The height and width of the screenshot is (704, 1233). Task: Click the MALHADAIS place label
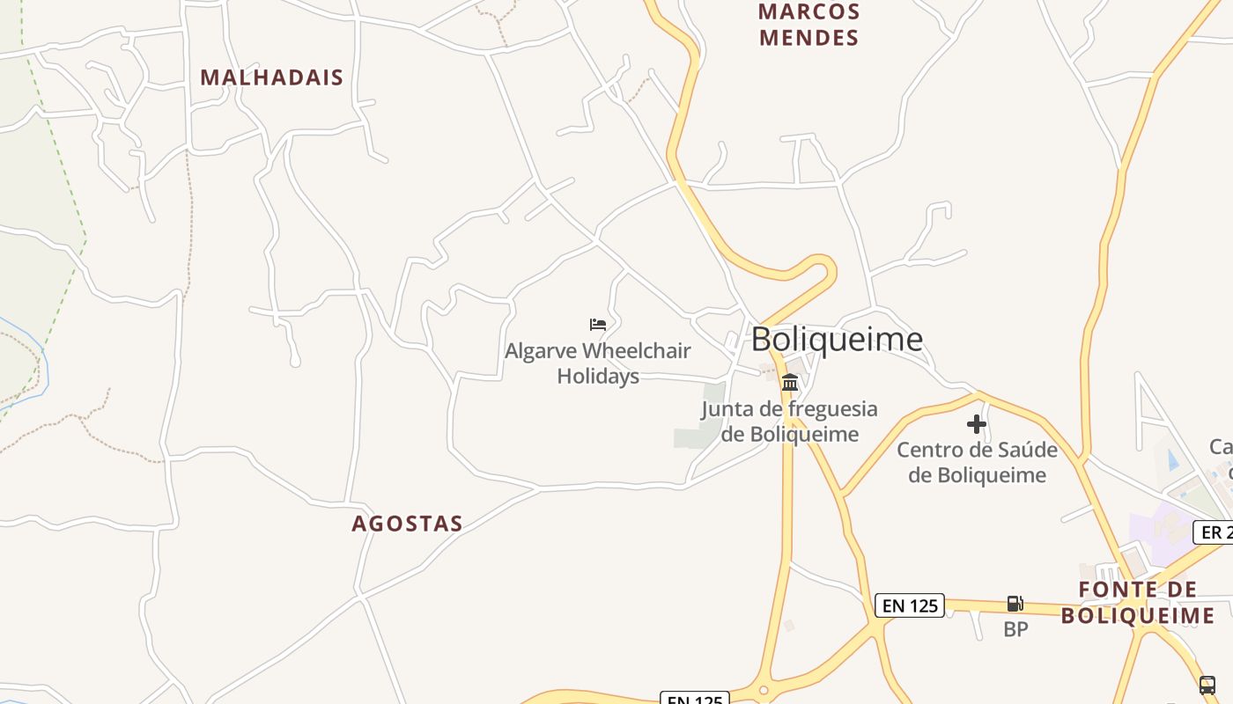click(x=271, y=77)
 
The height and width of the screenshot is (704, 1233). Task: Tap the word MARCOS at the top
click(x=808, y=12)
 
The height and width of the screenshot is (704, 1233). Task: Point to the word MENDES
click(x=808, y=38)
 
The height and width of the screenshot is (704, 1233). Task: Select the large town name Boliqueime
click(x=837, y=339)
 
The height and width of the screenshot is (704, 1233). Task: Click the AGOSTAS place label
click(x=407, y=524)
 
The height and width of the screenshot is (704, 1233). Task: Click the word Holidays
click(x=598, y=377)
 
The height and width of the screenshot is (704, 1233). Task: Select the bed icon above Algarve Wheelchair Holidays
click(x=598, y=325)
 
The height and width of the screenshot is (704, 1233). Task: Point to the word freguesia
click(x=833, y=409)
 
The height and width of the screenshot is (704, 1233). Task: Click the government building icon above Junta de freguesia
click(x=790, y=382)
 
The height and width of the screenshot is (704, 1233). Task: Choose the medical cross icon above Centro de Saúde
click(x=976, y=425)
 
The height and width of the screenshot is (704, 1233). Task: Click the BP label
click(x=1015, y=629)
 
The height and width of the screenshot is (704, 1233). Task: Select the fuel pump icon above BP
click(x=1015, y=604)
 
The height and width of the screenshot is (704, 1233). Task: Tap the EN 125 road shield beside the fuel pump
click(x=910, y=605)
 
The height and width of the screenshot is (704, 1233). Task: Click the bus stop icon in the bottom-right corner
click(x=1207, y=685)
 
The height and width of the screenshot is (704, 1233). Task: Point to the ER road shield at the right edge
click(x=1214, y=532)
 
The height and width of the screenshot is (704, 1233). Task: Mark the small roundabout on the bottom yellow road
click(x=764, y=691)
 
